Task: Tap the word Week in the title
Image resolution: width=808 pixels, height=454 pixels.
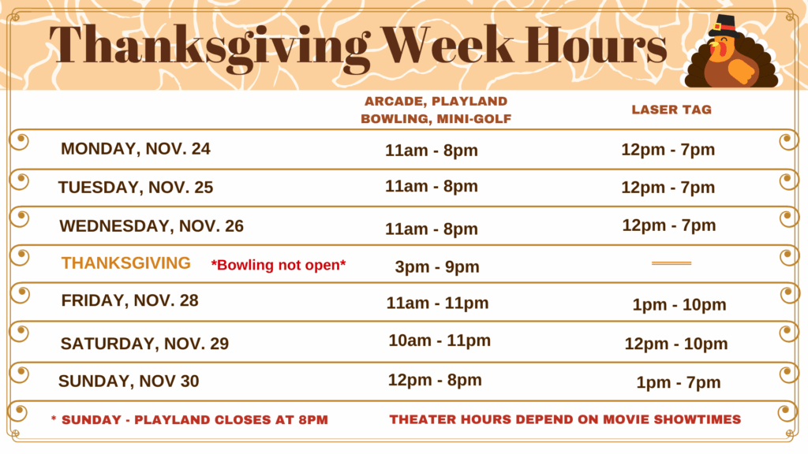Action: click(x=447, y=44)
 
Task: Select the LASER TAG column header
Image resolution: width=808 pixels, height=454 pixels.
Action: click(x=671, y=110)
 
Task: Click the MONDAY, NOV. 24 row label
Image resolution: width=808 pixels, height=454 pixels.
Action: click(x=136, y=149)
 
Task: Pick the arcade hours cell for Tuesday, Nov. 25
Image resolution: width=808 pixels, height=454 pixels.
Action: click(x=432, y=186)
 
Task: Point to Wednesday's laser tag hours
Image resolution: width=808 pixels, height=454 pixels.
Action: click(x=669, y=225)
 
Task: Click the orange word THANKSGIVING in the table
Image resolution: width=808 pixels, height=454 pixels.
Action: click(x=125, y=263)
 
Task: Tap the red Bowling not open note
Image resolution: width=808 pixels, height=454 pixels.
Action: click(x=279, y=265)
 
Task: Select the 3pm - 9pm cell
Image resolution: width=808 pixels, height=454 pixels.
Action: click(x=437, y=266)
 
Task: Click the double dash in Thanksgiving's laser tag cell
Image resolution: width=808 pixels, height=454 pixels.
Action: click(x=671, y=263)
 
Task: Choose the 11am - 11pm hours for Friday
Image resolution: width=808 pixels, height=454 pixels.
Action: click(x=437, y=303)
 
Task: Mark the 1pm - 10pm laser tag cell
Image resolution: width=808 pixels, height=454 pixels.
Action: click(x=679, y=305)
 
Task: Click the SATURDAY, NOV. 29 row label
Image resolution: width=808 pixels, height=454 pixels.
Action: click(x=144, y=344)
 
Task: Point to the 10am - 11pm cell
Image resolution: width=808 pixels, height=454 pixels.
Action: click(x=440, y=340)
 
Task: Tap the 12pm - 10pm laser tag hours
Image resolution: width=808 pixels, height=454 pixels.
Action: click(x=676, y=344)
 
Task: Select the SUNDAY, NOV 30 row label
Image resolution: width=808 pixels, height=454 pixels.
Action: click(x=129, y=381)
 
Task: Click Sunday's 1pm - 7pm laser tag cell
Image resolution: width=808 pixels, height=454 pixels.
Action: click(x=678, y=382)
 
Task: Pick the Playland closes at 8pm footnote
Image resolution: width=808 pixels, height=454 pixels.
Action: click(x=189, y=420)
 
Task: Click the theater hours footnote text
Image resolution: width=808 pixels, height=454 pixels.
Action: click(x=565, y=419)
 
